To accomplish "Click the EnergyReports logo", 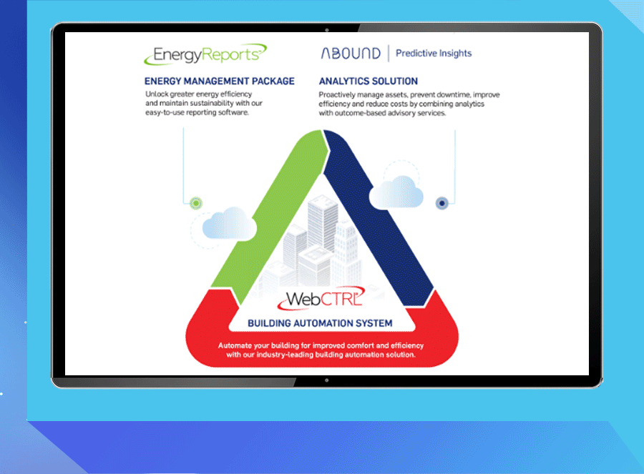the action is (205, 54).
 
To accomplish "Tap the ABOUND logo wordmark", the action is (351, 54).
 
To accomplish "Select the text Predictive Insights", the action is (434, 54).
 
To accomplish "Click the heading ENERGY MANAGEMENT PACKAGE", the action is (220, 82).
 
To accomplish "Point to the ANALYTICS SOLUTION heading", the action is (369, 82).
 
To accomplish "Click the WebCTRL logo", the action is (321, 298).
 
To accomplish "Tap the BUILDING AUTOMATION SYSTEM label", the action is (320, 323).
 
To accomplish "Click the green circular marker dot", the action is (196, 203).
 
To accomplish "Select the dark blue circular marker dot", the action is (442, 203).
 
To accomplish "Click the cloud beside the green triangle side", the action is (229, 224).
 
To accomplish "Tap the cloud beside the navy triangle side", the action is (396, 192).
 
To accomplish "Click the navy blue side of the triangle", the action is (378, 217).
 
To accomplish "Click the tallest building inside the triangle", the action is (323, 224).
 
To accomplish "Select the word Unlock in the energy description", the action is (157, 94).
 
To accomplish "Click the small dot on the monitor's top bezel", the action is (327, 30).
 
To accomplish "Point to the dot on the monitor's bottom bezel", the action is (327, 380).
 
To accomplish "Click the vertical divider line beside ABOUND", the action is (389, 54).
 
